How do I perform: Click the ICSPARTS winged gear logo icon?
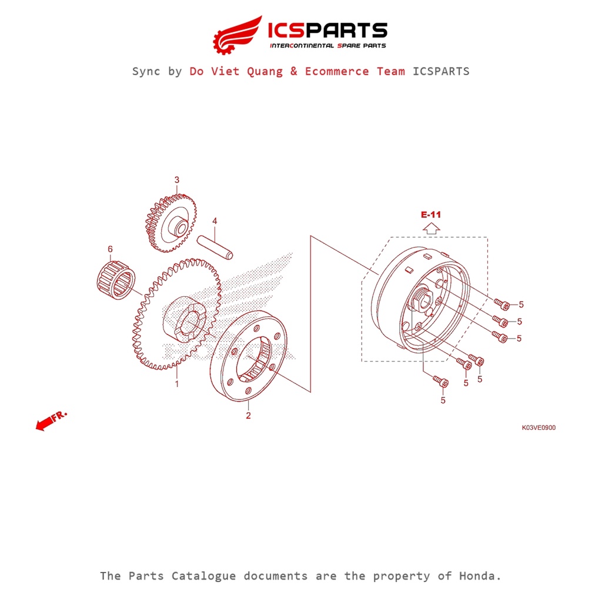click(x=237, y=35)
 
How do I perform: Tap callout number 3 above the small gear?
click(x=176, y=180)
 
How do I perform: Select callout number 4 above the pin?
click(x=215, y=221)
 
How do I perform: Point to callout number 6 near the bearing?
click(x=110, y=249)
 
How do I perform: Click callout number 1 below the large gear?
click(x=177, y=383)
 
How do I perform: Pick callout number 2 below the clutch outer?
click(x=249, y=416)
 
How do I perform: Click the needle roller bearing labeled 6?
click(x=116, y=280)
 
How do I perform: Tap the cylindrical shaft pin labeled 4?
click(x=215, y=248)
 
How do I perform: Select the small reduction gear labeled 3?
click(x=171, y=223)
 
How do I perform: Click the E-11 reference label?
click(x=431, y=215)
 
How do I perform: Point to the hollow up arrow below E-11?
click(x=431, y=229)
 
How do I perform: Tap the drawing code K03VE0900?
click(x=539, y=428)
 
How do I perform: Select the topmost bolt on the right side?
click(x=501, y=305)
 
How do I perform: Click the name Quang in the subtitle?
click(x=265, y=72)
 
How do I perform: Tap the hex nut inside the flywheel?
click(x=422, y=299)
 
